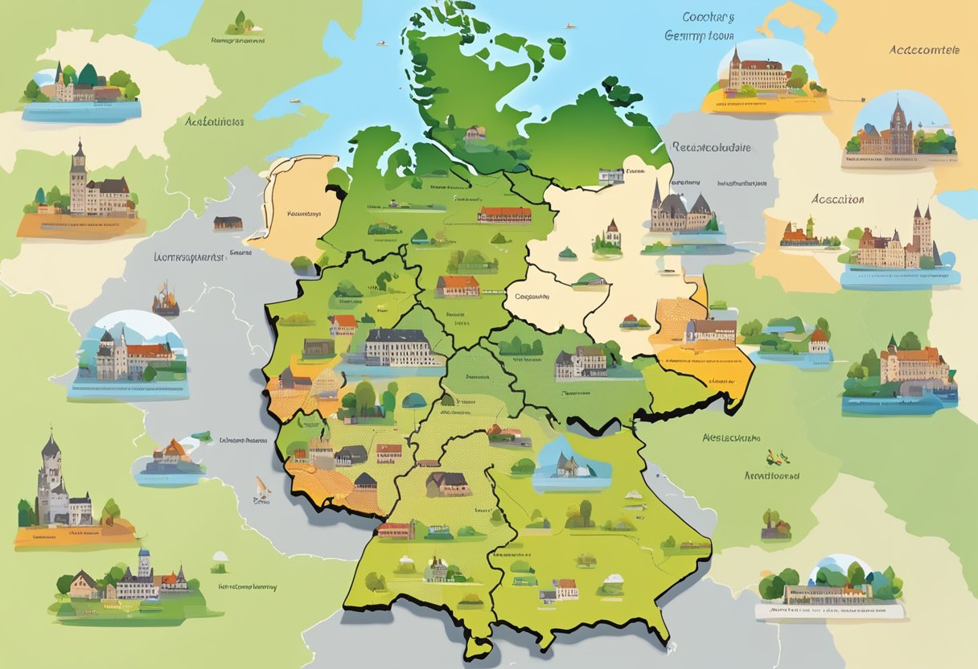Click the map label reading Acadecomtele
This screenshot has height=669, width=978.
click(924, 49)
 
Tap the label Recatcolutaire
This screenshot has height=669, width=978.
click(710, 147)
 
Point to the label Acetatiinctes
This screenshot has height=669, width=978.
click(214, 122)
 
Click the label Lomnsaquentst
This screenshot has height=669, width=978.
click(187, 257)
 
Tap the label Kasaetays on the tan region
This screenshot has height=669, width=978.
click(304, 215)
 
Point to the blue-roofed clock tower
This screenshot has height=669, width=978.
click(144, 563)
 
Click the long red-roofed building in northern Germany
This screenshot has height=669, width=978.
click(504, 215)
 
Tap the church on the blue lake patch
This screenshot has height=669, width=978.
click(565, 464)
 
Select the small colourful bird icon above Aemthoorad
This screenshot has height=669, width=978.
click(776, 457)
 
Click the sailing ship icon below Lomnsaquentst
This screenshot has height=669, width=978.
click(165, 300)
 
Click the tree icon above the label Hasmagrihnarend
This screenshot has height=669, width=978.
click(239, 22)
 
